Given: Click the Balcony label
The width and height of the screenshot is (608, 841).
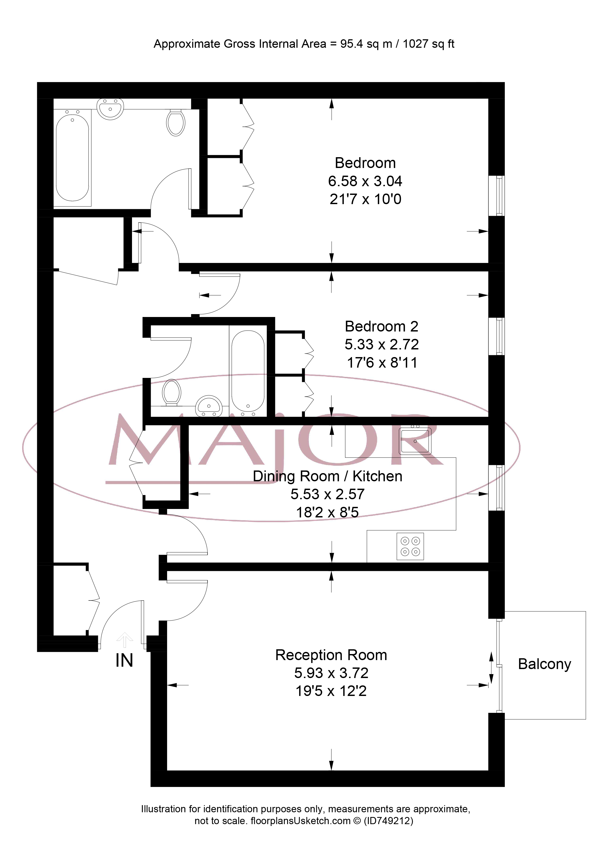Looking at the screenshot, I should click(x=544, y=664).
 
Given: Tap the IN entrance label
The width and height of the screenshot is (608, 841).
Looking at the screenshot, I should click(x=124, y=660).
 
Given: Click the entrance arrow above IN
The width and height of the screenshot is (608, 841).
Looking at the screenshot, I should click(x=125, y=640).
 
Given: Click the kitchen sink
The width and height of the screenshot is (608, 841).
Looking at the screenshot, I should click(x=415, y=441).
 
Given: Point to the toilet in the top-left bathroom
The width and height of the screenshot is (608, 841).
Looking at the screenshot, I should click(x=176, y=123).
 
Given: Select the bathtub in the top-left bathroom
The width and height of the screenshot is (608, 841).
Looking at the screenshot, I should click(x=72, y=158).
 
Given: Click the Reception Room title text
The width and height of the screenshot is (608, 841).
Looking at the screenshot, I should click(x=331, y=655).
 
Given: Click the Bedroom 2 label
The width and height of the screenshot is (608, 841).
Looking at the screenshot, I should click(x=381, y=326).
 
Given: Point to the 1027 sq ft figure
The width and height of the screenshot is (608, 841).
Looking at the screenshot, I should click(x=428, y=44).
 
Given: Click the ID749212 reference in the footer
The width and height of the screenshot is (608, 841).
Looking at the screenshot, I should click(x=389, y=821).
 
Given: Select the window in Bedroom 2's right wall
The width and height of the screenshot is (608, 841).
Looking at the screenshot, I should click(x=496, y=336).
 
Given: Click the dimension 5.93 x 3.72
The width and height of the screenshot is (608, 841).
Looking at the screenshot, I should click(x=331, y=673).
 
